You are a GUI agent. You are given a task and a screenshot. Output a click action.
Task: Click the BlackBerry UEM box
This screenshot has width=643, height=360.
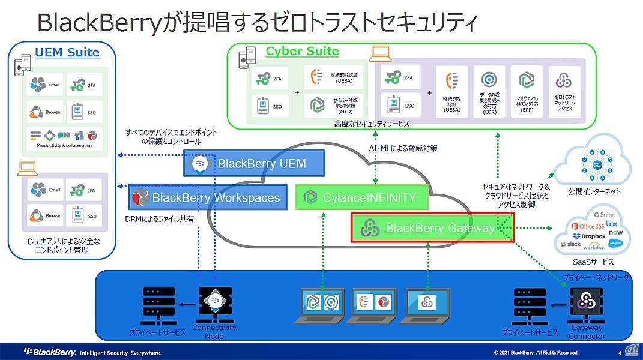tap(254, 163)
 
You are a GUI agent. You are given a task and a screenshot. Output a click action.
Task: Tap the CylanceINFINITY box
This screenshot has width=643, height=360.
tap(363, 197)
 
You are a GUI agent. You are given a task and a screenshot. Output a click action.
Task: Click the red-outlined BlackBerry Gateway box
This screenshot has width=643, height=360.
tap(432, 228)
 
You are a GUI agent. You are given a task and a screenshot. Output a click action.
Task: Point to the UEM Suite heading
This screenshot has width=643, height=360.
tap(67, 52)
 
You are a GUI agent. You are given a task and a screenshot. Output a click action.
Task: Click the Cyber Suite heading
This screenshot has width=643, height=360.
tap(303, 51)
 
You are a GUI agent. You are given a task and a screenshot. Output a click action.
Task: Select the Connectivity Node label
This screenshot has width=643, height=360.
tap(214, 332)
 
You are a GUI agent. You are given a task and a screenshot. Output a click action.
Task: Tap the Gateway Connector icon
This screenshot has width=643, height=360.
tap(586, 303)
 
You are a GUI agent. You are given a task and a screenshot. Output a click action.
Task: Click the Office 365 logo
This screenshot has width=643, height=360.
tap(587, 226)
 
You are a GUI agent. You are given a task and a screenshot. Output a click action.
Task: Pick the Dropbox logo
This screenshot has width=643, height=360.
tap(590, 236)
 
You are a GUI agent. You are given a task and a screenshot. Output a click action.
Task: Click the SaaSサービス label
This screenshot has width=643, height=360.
tap(591, 262)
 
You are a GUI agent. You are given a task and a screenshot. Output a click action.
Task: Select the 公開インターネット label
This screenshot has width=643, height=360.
tap(594, 192)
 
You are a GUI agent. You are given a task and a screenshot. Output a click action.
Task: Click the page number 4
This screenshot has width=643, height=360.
tap(619, 352)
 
